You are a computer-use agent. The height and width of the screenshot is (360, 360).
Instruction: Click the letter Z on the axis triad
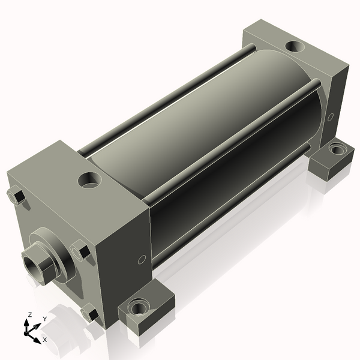pos(29,315)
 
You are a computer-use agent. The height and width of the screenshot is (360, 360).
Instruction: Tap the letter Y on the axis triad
pos(45,319)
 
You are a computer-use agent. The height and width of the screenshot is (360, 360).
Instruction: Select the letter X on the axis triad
pos(45,340)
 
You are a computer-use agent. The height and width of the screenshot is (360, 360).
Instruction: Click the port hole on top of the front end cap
pos(90,181)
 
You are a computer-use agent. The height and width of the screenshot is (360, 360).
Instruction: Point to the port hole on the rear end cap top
pos(295,47)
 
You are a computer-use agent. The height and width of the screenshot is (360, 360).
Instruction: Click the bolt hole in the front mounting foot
pos(139,307)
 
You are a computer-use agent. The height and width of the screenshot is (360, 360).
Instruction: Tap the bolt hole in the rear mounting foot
pos(337,149)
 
